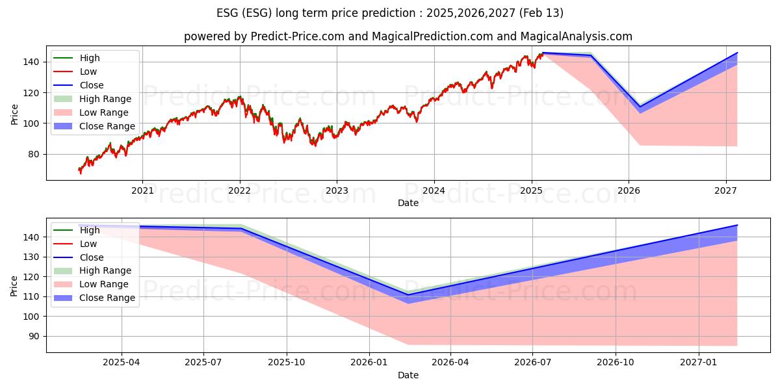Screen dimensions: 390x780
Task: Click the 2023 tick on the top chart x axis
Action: pyautogui.click(x=337, y=190)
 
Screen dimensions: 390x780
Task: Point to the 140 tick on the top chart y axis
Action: pyautogui.click(x=34, y=62)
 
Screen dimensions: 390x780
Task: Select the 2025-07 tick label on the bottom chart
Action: pyautogui.click(x=203, y=363)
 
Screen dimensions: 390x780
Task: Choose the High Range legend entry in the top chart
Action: pyautogui.click(x=105, y=99)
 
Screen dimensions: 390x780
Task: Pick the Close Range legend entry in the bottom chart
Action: pyautogui.click(x=107, y=298)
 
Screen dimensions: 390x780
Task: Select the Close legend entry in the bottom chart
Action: pyautogui.click(x=91, y=257)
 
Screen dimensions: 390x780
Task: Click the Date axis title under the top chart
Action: pyautogui.click(x=408, y=203)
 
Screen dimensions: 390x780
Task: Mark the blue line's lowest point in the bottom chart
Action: pyautogui.click(x=408, y=295)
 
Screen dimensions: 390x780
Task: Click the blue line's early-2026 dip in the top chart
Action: pyautogui.click(x=640, y=107)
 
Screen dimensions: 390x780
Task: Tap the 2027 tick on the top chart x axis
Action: pyautogui.click(x=725, y=190)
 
